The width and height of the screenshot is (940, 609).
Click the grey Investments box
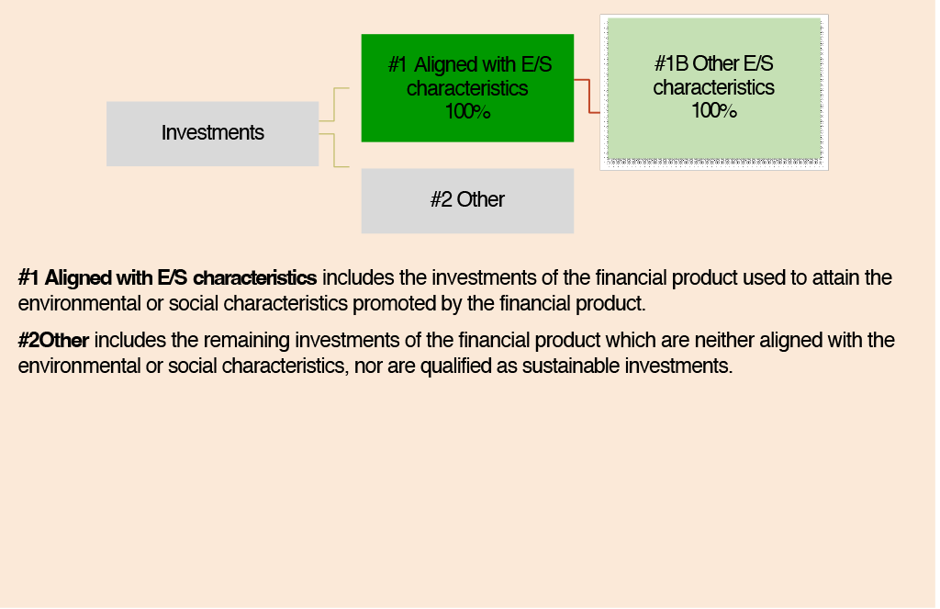click(x=213, y=134)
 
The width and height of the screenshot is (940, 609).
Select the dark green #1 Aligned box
click(x=467, y=88)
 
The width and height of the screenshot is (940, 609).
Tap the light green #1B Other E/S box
click(x=714, y=89)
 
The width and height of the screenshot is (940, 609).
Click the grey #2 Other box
click(x=467, y=201)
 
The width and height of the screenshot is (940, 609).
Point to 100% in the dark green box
click(x=467, y=111)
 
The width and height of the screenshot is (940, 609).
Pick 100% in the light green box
click(x=714, y=110)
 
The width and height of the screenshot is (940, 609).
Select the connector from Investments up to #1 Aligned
click(x=334, y=105)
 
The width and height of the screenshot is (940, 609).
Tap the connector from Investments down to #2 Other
click(x=334, y=150)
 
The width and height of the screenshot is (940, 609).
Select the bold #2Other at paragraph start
click(x=53, y=340)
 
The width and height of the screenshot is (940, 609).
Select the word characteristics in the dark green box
click(x=467, y=88)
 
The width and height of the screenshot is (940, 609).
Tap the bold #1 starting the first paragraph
click(x=28, y=277)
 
